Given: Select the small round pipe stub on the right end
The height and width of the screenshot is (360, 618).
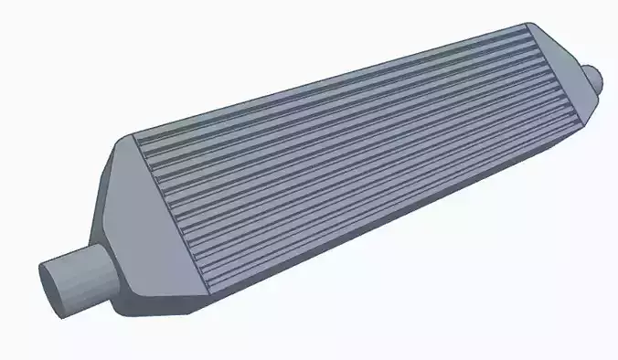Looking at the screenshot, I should pos(595,78).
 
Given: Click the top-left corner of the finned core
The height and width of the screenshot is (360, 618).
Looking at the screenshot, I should pos(134,138).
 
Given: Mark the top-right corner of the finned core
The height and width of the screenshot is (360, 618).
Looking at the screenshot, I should pos(528,26).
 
